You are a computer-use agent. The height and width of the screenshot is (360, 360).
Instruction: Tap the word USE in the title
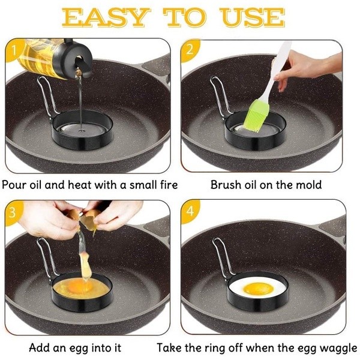(252, 17)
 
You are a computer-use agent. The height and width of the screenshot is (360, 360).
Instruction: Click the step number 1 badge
(14, 50)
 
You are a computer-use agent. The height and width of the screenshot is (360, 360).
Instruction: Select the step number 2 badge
(190, 50)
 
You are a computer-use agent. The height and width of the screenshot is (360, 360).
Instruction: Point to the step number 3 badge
(13, 212)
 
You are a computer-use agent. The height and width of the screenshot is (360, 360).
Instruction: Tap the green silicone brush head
(257, 116)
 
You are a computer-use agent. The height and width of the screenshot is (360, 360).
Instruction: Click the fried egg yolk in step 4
(259, 289)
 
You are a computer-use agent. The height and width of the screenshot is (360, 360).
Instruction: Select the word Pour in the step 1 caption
(14, 185)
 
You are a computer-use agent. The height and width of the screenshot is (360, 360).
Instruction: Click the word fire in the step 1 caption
(169, 184)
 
